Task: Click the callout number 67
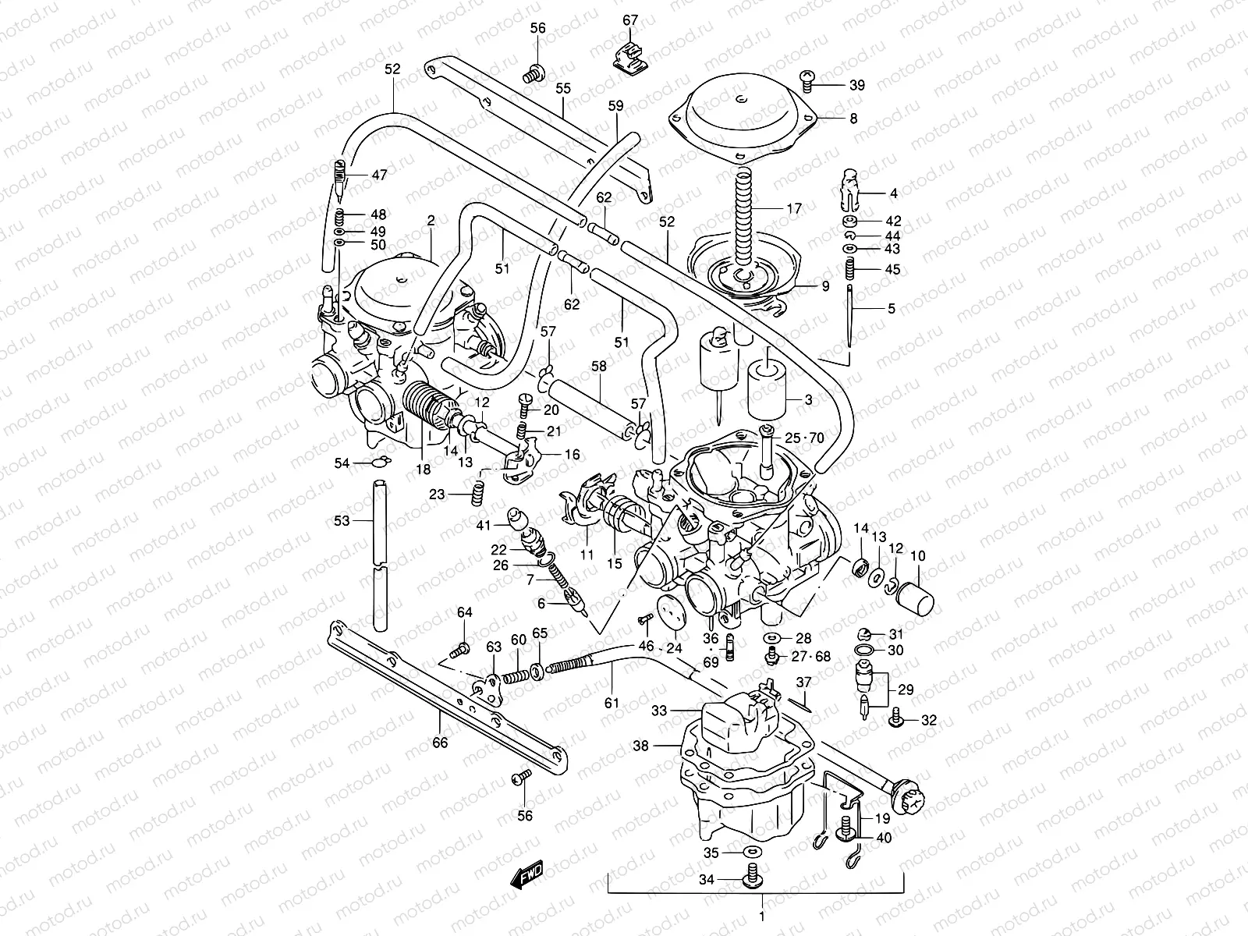(630, 20)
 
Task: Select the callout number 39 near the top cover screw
(856, 86)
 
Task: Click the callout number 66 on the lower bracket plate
(440, 743)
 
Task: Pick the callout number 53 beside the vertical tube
(342, 520)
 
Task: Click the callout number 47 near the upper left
(379, 175)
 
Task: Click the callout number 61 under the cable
(612, 703)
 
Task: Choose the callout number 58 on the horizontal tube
(598, 365)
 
